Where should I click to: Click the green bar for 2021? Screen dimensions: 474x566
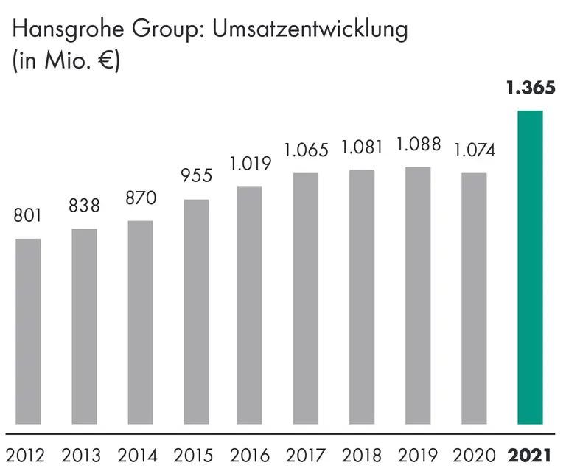pyautogui.click(x=530, y=267)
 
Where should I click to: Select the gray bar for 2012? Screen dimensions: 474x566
pyautogui.click(x=28, y=331)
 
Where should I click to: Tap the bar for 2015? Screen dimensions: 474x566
pyautogui.click(x=196, y=311)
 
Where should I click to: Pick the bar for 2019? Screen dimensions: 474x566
pyautogui.click(x=418, y=295)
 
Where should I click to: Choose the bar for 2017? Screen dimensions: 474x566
pyautogui.click(x=306, y=298)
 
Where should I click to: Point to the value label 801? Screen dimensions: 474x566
pyautogui.click(x=28, y=216)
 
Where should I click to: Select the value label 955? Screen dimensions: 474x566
pyautogui.click(x=196, y=176)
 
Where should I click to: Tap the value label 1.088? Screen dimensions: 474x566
pyautogui.click(x=418, y=144)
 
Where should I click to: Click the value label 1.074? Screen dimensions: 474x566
pyautogui.click(x=474, y=150)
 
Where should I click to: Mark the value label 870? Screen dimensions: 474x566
pyautogui.click(x=140, y=198)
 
